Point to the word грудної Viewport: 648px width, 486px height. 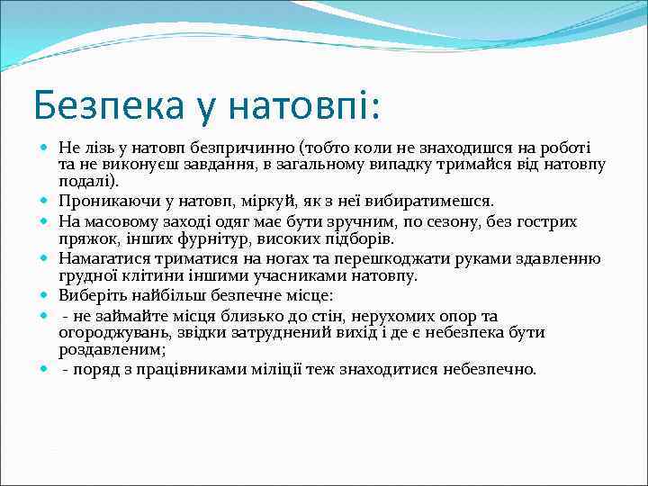tap(85, 275)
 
